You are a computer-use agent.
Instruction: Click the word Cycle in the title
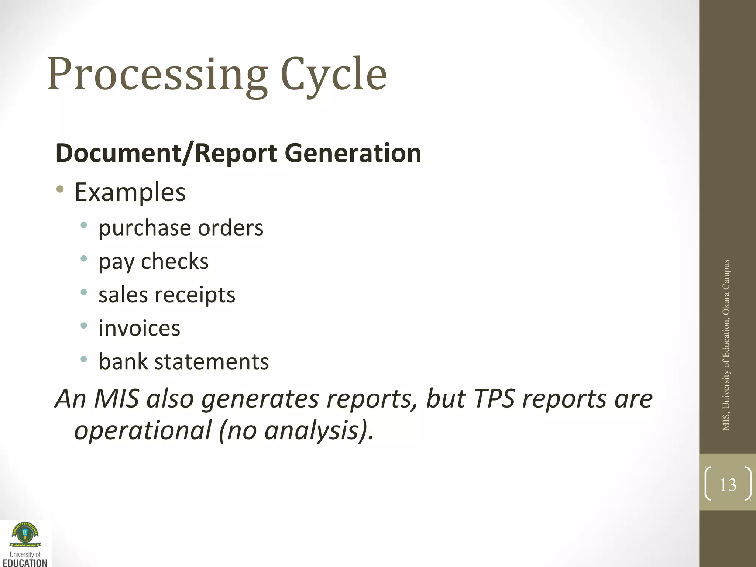[x=334, y=75]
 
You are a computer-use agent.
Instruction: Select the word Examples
[x=130, y=192]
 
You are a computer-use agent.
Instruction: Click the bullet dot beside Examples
[x=60, y=190]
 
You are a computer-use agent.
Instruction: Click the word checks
[x=175, y=261]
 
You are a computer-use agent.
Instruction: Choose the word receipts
[x=195, y=295]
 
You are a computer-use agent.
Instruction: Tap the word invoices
[x=139, y=328]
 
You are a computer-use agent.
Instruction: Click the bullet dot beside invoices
[x=84, y=326]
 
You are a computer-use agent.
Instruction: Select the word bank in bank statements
[x=123, y=361]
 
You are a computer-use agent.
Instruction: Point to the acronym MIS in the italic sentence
[x=116, y=399]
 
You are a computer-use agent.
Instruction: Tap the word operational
[x=142, y=431]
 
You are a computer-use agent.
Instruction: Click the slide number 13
[x=728, y=485]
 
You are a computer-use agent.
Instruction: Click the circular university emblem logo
[x=25, y=534]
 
